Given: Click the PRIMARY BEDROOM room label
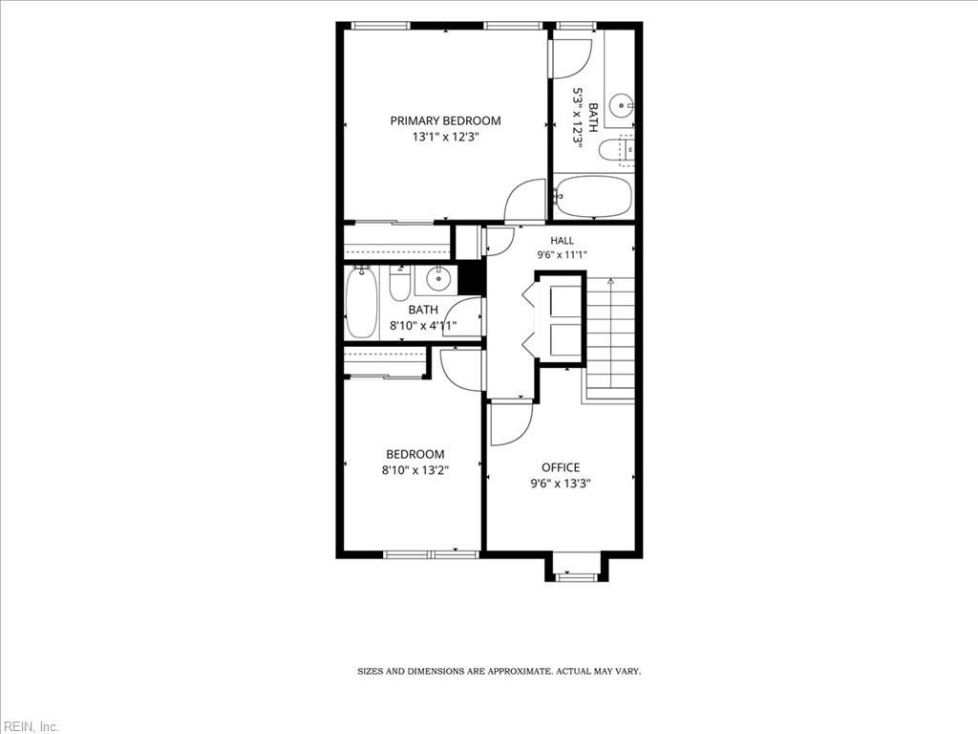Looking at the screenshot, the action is (x=445, y=120).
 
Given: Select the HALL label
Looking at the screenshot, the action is (x=562, y=240).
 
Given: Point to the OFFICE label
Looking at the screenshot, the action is (x=560, y=467).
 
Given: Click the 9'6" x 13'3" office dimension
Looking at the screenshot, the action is (x=560, y=483).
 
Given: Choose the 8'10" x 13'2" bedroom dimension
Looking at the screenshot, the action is (x=415, y=470).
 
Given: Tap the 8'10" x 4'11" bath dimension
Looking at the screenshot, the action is (x=423, y=325).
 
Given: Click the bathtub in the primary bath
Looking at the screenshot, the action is (x=592, y=196).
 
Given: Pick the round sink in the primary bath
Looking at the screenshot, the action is (x=622, y=105).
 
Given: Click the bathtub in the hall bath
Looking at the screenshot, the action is (x=361, y=303).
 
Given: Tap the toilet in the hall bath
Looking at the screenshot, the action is (x=399, y=284).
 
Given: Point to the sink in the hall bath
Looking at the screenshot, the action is (x=437, y=278).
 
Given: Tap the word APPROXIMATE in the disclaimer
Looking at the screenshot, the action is (x=520, y=672).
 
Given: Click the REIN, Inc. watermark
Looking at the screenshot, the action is (x=30, y=726).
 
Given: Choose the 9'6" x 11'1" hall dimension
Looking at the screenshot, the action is (x=562, y=254).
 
